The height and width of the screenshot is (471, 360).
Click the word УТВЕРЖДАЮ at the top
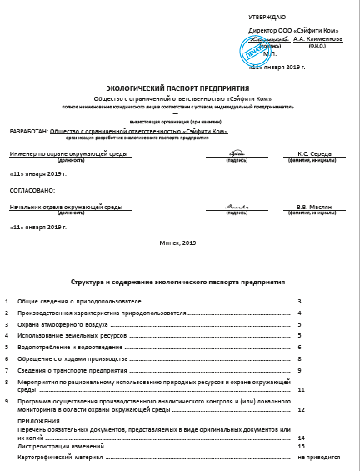point(267,17)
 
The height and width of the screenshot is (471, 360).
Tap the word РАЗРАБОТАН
point(27,131)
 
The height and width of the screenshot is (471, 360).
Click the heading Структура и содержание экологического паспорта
point(177,283)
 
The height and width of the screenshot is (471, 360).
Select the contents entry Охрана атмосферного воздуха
point(61,323)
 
